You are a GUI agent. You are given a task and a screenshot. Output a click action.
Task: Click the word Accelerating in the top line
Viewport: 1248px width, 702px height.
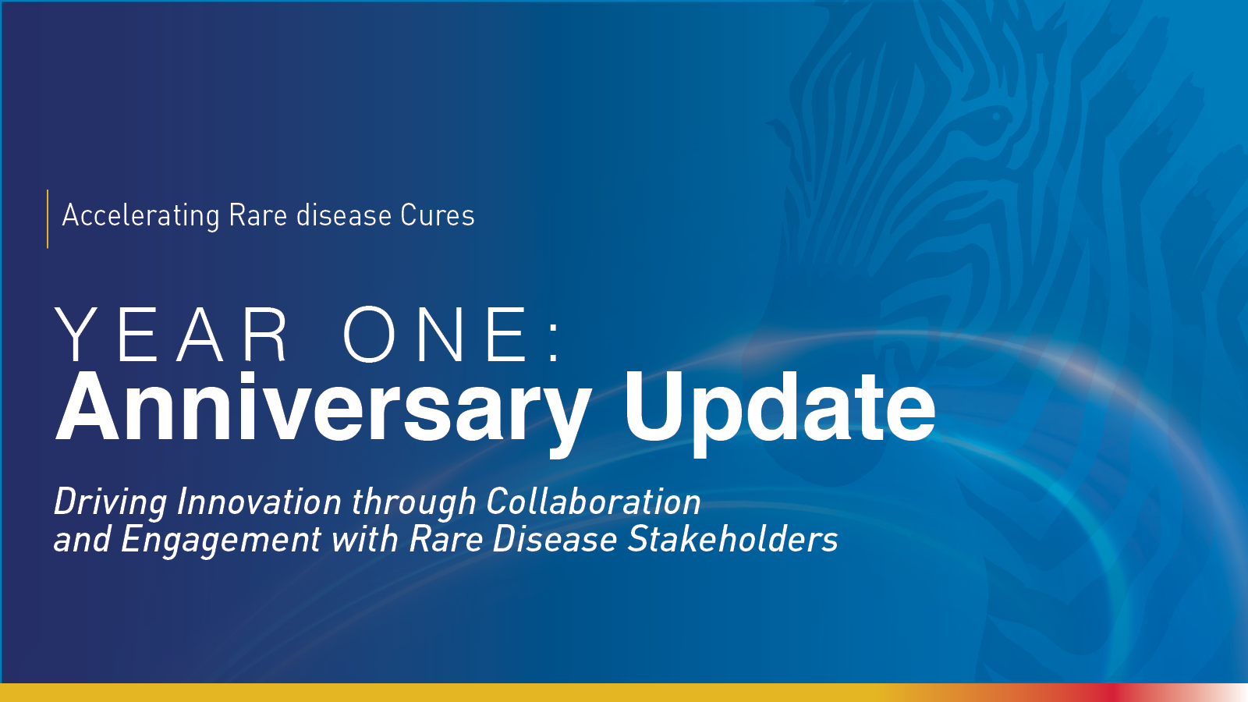tap(141, 216)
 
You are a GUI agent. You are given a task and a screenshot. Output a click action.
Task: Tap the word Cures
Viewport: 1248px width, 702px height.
tap(438, 215)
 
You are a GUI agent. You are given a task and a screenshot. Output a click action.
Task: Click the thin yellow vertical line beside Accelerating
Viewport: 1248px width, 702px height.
tap(48, 218)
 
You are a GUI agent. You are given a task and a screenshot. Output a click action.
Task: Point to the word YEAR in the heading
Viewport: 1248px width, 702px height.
tap(171, 335)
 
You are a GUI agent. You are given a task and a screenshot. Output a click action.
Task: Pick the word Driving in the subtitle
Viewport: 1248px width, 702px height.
tap(110, 502)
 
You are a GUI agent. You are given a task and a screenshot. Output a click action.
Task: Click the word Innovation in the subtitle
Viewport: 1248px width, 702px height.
tap(259, 502)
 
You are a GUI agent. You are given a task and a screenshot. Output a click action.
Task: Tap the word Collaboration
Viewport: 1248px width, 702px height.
tap(594, 502)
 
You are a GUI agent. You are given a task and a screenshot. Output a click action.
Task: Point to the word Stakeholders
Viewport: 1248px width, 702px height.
tap(732, 539)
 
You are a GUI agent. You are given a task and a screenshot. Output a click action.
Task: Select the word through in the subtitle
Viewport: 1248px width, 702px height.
tap(413, 502)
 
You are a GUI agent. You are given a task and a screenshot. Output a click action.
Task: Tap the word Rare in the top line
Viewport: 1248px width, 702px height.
tap(258, 215)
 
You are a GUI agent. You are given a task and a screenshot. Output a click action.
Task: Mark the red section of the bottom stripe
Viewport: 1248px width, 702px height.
tap(1108, 693)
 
